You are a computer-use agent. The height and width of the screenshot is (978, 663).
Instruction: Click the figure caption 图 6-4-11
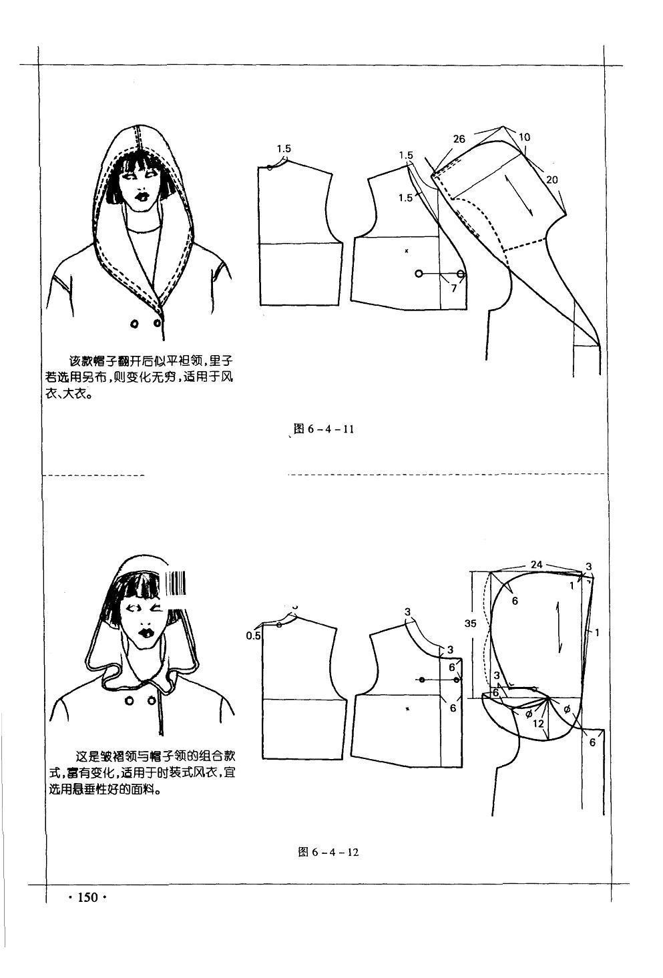324,429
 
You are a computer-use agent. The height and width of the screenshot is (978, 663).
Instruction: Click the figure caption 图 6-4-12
328,852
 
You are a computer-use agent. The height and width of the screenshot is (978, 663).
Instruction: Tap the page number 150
87,897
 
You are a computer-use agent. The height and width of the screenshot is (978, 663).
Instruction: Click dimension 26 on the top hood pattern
459,139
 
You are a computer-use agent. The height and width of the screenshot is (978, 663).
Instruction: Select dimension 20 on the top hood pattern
551,179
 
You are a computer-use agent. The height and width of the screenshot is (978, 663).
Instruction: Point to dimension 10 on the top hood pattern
524,137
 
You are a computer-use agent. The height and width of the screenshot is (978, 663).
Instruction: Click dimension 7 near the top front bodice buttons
453,288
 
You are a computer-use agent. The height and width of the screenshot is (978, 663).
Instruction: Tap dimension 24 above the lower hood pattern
537,564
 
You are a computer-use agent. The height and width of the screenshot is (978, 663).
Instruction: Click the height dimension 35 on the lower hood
470,624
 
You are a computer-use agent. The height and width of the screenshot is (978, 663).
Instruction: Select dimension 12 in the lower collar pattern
538,724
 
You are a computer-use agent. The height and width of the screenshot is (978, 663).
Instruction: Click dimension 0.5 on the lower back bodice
253,636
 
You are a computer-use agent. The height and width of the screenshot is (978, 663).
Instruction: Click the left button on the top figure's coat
134,324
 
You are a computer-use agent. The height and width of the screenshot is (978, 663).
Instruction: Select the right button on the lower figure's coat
152,700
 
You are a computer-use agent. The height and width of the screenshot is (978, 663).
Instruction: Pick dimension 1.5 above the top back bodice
284,149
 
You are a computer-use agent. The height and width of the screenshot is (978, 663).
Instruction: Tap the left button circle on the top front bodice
419,274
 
